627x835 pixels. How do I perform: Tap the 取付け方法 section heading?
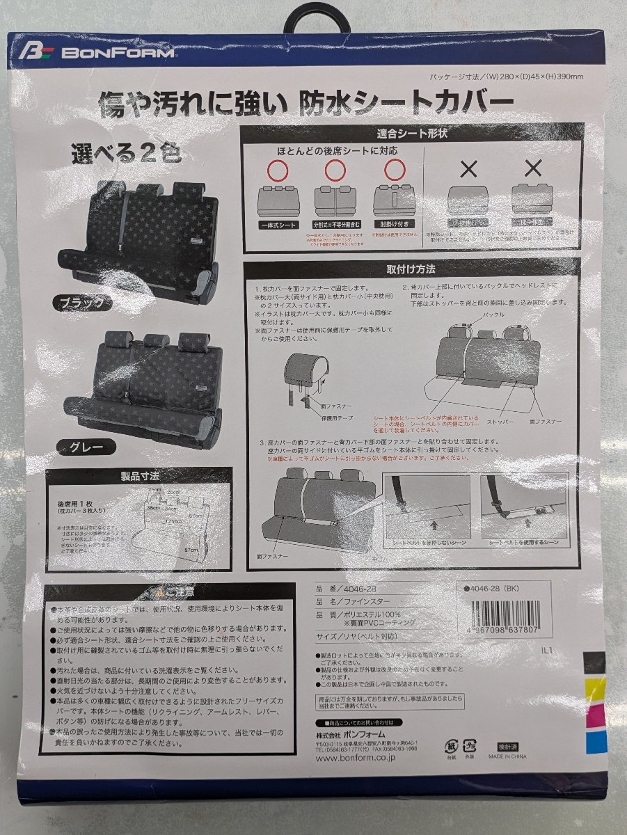tap(411, 269)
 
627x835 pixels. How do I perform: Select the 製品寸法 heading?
tap(138, 477)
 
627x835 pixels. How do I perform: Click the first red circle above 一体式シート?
tap(278, 169)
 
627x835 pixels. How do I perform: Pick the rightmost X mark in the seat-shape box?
tap(533, 168)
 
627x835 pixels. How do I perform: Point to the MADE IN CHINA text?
tap(507, 756)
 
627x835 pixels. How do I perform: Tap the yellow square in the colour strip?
tap(595, 690)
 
